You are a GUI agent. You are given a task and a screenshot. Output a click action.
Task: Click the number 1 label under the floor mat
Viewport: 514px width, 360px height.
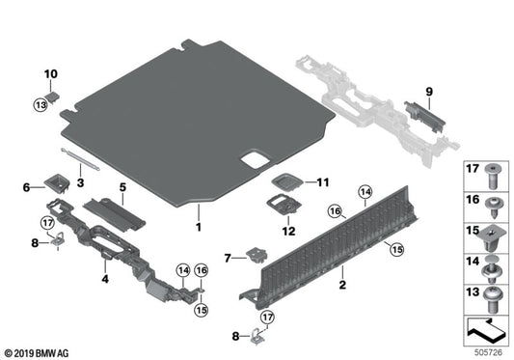(198, 227)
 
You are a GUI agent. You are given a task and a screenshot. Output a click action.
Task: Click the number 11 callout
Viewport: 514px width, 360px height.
(322, 181)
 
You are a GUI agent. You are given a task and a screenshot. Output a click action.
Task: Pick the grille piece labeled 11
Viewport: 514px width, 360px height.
(286, 180)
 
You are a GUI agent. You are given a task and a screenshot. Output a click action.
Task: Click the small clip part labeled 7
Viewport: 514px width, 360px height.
(257, 255)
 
